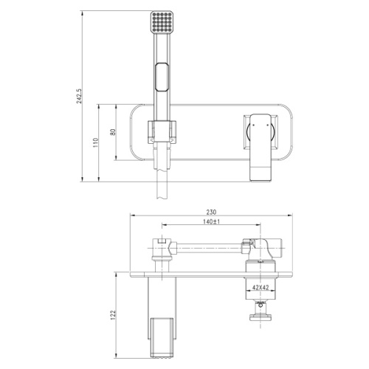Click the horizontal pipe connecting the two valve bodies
(x=210, y=241)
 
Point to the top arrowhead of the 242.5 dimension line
(x=80, y=13)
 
